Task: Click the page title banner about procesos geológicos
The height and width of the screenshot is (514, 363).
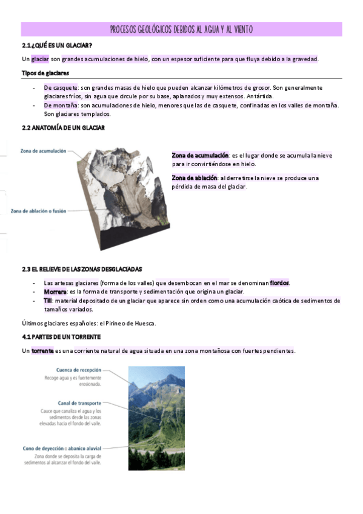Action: (x=181, y=30)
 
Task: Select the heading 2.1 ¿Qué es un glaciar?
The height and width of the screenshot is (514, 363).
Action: (x=57, y=45)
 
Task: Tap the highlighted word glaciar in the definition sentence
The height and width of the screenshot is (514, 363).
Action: (x=40, y=59)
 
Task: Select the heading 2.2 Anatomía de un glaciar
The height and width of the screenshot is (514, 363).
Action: (x=63, y=128)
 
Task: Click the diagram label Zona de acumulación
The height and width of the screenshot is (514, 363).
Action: (x=43, y=150)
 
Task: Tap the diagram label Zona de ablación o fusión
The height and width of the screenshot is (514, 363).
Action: (x=39, y=211)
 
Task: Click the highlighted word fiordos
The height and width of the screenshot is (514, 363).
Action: (x=279, y=282)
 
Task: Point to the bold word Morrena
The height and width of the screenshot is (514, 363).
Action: (x=55, y=292)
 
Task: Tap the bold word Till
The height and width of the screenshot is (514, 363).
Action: (x=48, y=300)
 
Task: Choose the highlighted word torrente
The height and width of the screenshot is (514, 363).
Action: (x=42, y=351)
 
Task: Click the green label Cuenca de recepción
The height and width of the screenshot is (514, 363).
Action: (x=79, y=370)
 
